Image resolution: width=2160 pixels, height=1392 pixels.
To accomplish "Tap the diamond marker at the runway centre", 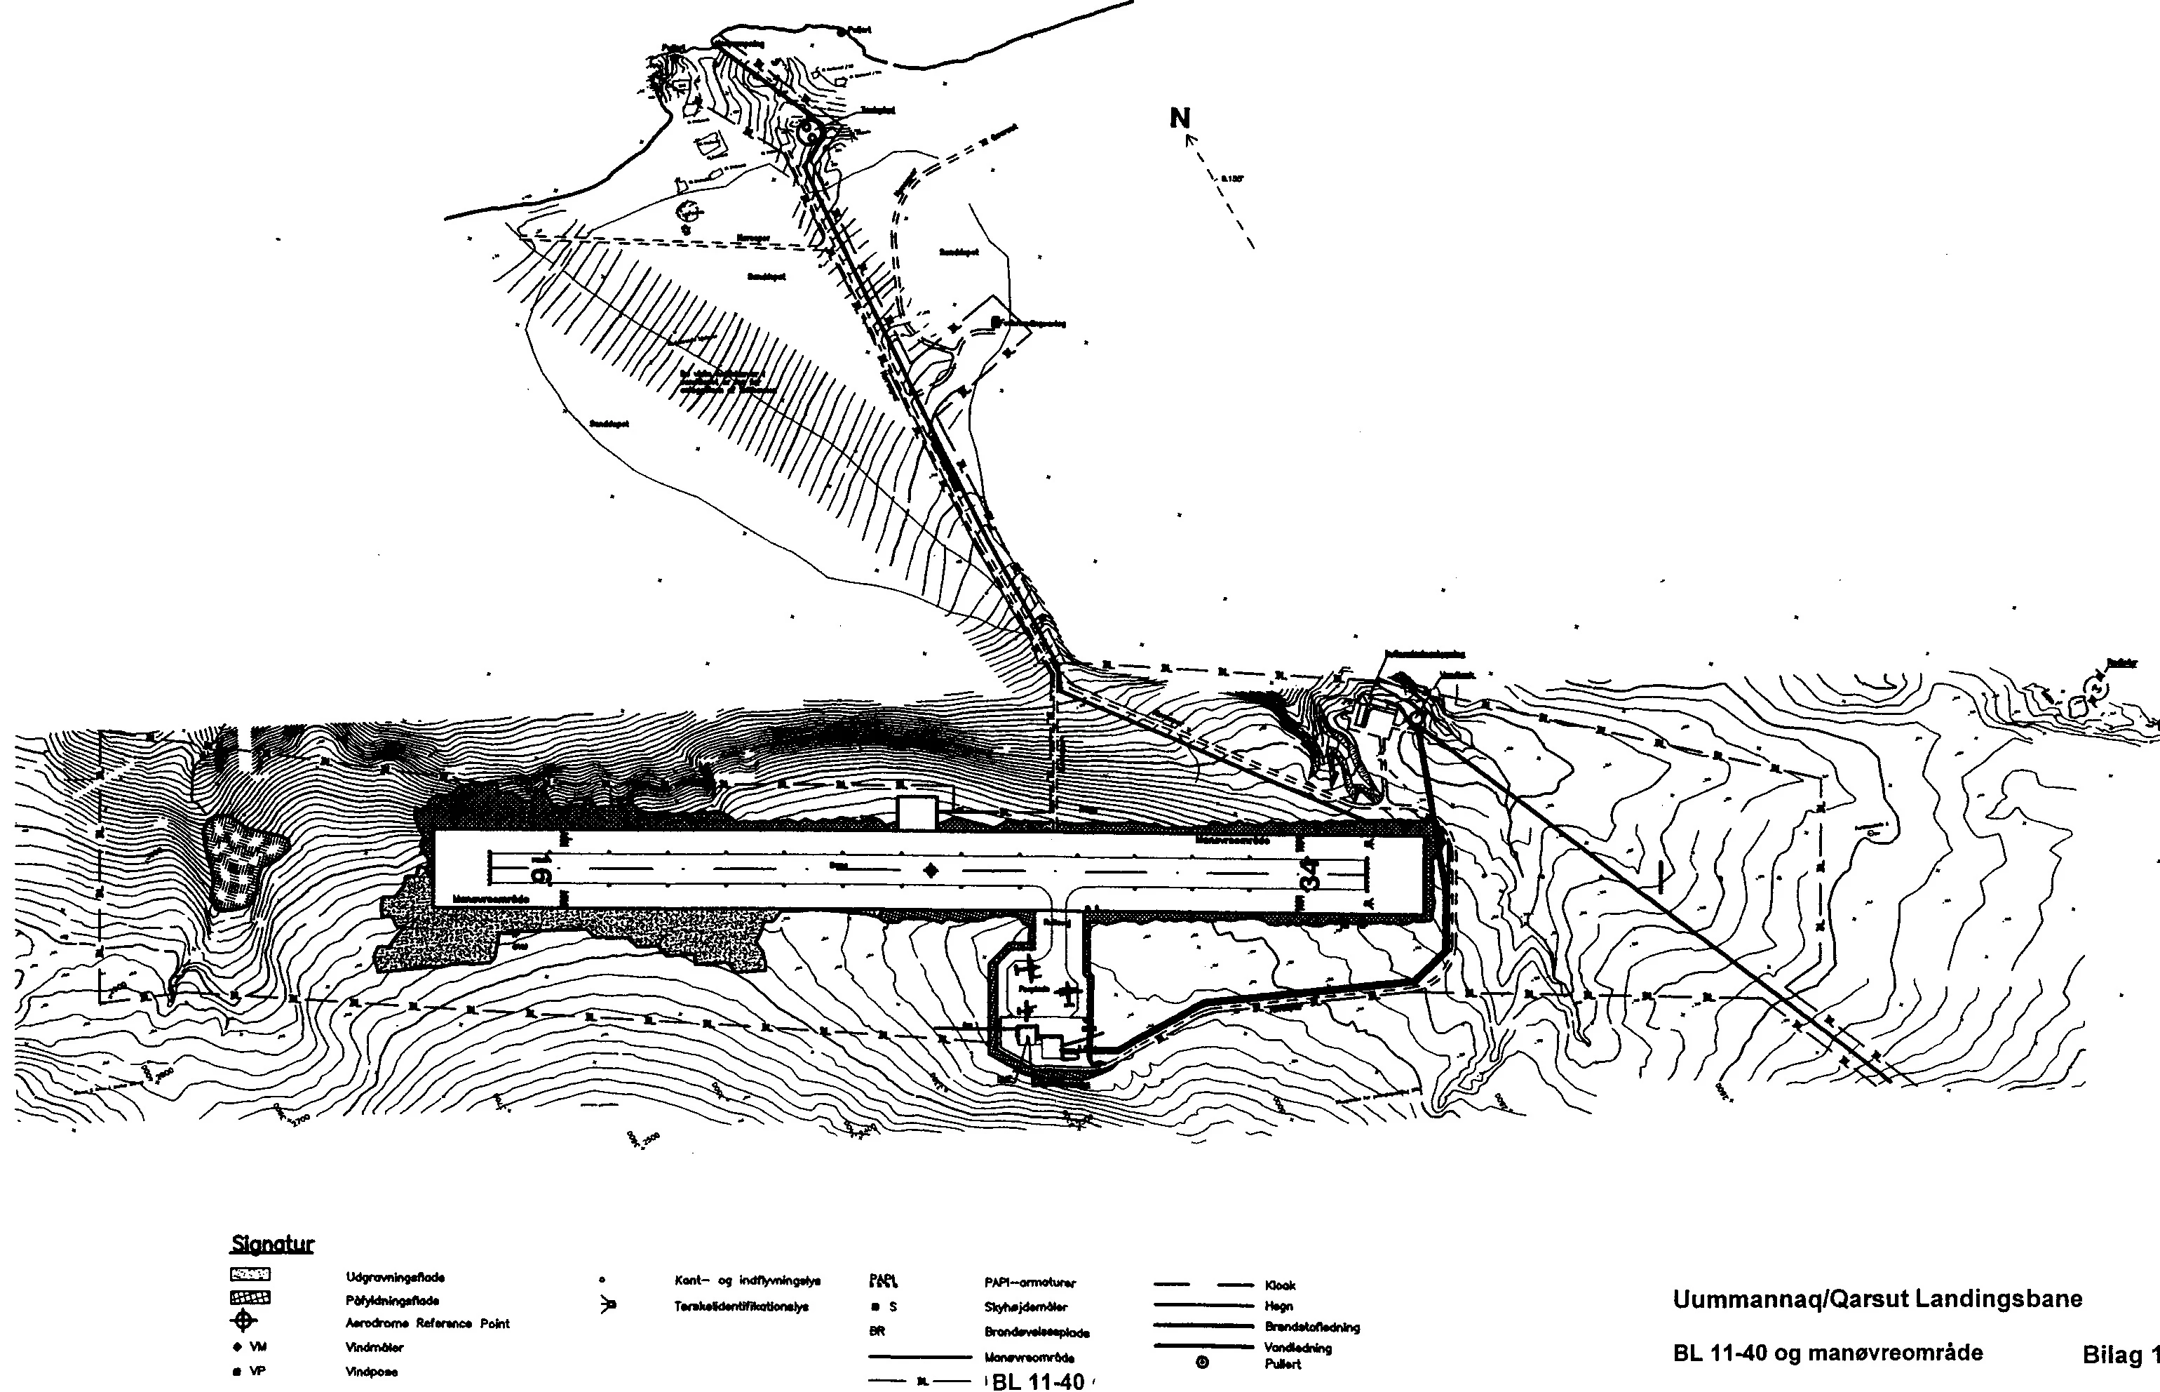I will point(931,871).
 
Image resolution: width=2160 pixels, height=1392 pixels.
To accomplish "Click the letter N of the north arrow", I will point(1180,119).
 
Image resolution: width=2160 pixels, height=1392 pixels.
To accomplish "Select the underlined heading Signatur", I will point(272,1245).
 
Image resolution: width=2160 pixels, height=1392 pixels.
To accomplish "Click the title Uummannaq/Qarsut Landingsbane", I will point(1877,1300).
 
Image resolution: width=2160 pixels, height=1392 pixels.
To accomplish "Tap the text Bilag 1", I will point(2120,1356).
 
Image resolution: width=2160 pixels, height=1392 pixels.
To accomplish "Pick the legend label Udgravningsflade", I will point(395,1278).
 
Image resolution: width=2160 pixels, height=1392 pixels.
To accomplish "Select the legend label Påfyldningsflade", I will point(392,1301).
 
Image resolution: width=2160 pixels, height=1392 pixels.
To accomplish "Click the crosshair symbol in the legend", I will point(244,1323).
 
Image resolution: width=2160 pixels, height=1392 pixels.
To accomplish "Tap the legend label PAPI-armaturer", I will point(1030,1283).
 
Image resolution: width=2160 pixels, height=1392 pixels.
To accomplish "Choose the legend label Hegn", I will point(1279,1306).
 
